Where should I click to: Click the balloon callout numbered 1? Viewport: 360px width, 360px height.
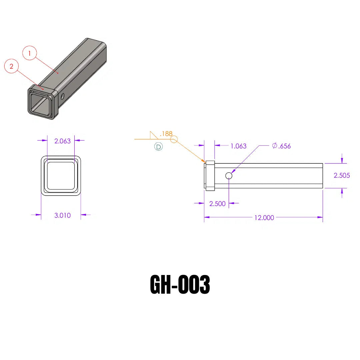click(x=30, y=53)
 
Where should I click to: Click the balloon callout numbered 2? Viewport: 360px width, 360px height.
click(x=11, y=66)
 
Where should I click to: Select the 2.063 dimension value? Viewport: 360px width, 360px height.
click(x=62, y=141)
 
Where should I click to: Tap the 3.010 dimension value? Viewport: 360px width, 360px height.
click(x=62, y=215)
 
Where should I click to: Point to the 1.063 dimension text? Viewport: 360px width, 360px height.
click(x=238, y=146)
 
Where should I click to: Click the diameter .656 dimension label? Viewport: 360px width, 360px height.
click(x=281, y=146)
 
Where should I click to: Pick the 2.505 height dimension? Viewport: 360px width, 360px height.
click(x=342, y=175)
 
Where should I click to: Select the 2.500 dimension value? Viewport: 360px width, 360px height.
click(x=217, y=204)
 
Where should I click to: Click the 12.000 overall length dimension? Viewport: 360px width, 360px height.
click(x=264, y=218)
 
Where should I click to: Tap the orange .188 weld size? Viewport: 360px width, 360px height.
click(x=166, y=134)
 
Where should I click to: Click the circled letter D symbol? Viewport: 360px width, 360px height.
click(x=158, y=147)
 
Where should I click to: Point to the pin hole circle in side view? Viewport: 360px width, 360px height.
click(x=229, y=176)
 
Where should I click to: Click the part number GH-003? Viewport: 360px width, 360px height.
click(x=180, y=285)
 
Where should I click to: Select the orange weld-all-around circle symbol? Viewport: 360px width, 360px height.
click(x=174, y=139)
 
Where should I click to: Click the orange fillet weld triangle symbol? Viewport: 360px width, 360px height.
click(x=153, y=135)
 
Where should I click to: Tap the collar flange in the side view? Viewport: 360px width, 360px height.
click(x=210, y=176)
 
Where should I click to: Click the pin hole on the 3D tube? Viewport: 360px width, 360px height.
click(x=63, y=96)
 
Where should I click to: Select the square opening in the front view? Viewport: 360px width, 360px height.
click(x=61, y=175)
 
